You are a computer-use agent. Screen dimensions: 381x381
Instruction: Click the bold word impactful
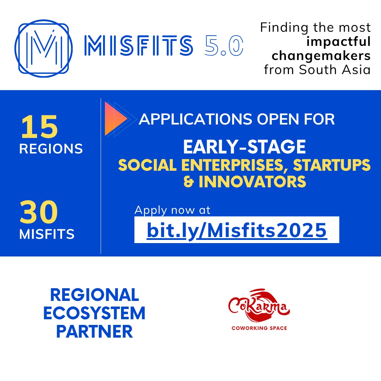339,42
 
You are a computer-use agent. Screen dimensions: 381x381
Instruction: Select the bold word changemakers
321,55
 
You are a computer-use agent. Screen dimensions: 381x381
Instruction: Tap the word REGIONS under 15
51,149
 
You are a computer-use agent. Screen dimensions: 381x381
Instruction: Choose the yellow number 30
39,212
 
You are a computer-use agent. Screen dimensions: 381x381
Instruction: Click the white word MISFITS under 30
47,234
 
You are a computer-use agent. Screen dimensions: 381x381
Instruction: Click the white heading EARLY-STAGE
244,147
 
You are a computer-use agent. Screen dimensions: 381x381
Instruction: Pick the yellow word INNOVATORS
252,182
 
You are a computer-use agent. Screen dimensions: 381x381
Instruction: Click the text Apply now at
173,210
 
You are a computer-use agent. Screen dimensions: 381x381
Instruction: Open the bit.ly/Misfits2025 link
237,230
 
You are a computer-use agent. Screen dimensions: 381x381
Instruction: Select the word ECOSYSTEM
95,313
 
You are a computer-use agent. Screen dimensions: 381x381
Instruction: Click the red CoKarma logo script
259,307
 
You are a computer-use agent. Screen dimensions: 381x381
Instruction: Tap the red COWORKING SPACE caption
259,328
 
